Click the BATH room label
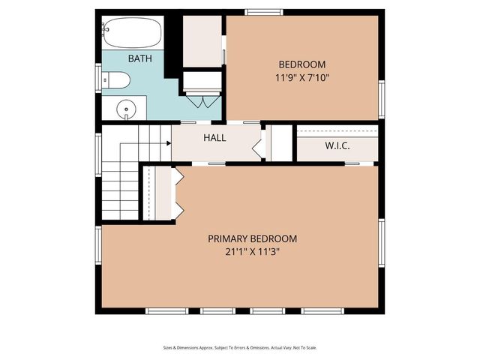139,58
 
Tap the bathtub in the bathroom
133,31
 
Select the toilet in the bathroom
117,79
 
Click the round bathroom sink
126,109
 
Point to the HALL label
215,139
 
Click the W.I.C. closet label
337,145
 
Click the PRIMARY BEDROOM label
252,238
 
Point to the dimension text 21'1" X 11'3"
252,252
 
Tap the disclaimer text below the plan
239,347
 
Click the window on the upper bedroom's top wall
264,12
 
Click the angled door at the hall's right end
259,143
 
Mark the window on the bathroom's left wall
98,77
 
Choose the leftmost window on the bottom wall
166,310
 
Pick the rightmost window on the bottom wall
322,310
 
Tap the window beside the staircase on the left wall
98,154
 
